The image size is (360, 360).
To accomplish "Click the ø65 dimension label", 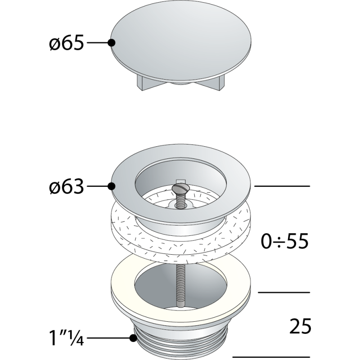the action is coord(66,43).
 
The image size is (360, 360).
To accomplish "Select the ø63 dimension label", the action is coord(66,186).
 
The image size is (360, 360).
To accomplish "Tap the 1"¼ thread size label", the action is coord(66,338).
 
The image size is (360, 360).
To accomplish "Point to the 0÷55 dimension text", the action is coord(284,241).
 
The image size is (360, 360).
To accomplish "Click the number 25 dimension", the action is coord(300,326).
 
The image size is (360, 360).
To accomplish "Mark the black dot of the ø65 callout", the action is coord(112,43).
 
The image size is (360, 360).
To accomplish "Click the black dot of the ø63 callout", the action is coord(112,186).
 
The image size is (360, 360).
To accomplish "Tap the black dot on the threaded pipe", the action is coord(133,338).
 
